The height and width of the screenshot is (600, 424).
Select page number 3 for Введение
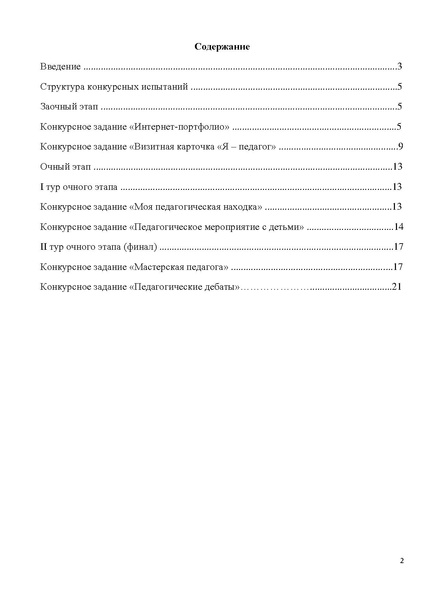tap(399, 67)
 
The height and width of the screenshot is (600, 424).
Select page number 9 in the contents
tap(399, 147)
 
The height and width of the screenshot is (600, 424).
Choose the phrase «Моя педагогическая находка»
tap(196, 207)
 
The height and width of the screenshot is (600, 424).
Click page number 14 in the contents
tap(397, 227)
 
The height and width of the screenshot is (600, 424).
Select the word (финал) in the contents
tap(139, 247)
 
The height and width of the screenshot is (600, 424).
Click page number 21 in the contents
tap(397, 287)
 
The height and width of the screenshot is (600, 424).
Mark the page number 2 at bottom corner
tap(402, 560)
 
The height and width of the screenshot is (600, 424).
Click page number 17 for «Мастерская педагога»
tap(397, 267)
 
